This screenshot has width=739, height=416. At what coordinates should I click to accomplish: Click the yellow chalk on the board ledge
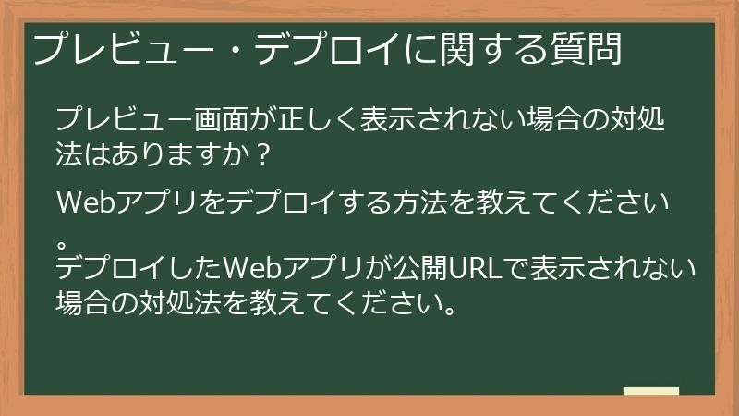650,392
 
